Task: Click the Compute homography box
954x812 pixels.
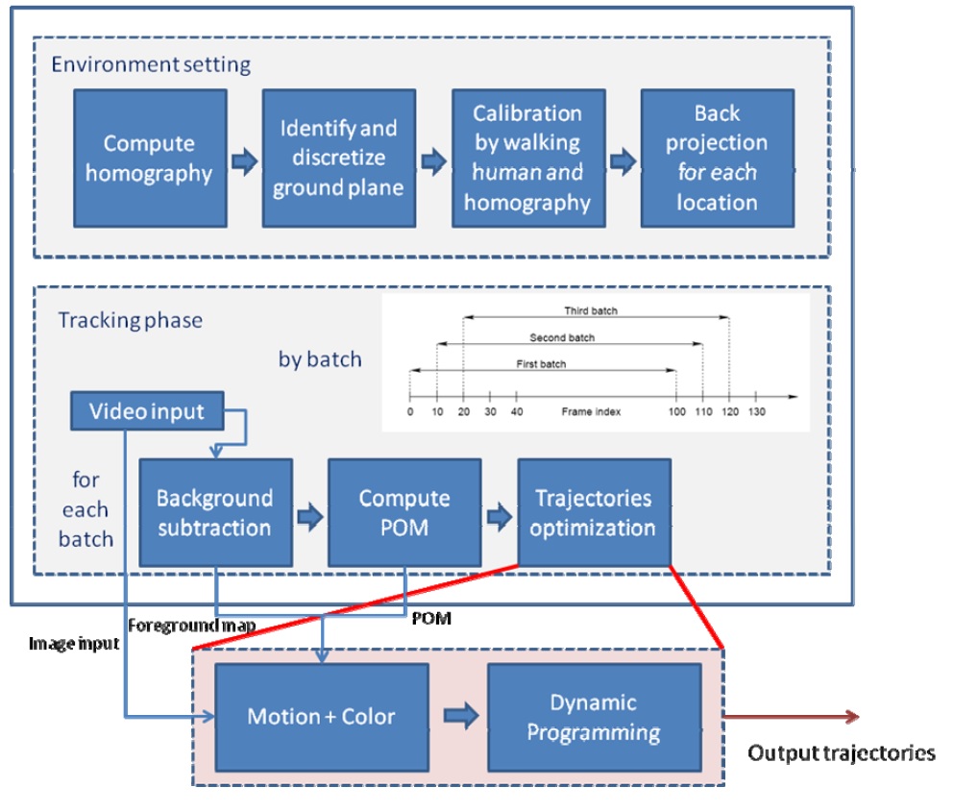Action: (149, 159)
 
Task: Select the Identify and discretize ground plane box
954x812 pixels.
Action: (338, 159)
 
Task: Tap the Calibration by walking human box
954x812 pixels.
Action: (527, 159)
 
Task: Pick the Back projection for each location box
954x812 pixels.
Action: (717, 159)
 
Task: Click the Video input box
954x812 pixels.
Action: (147, 411)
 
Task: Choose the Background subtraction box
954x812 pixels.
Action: (214, 512)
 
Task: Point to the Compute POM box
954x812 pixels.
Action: (404, 512)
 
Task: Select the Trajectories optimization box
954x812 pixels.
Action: (593, 512)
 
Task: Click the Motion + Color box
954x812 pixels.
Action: (321, 716)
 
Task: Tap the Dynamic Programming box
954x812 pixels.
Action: (594, 716)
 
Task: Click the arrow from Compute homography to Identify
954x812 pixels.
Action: (245, 160)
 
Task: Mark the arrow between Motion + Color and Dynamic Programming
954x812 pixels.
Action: (458, 716)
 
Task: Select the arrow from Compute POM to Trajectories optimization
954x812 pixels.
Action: (500, 517)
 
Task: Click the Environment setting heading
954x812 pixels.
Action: (151, 65)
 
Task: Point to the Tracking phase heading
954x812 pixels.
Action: (131, 320)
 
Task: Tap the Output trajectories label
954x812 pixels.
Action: (842, 752)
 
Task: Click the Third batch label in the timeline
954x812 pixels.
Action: (591, 311)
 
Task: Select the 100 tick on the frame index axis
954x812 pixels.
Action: (677, 411)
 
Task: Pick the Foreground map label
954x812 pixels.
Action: (192, 626)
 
